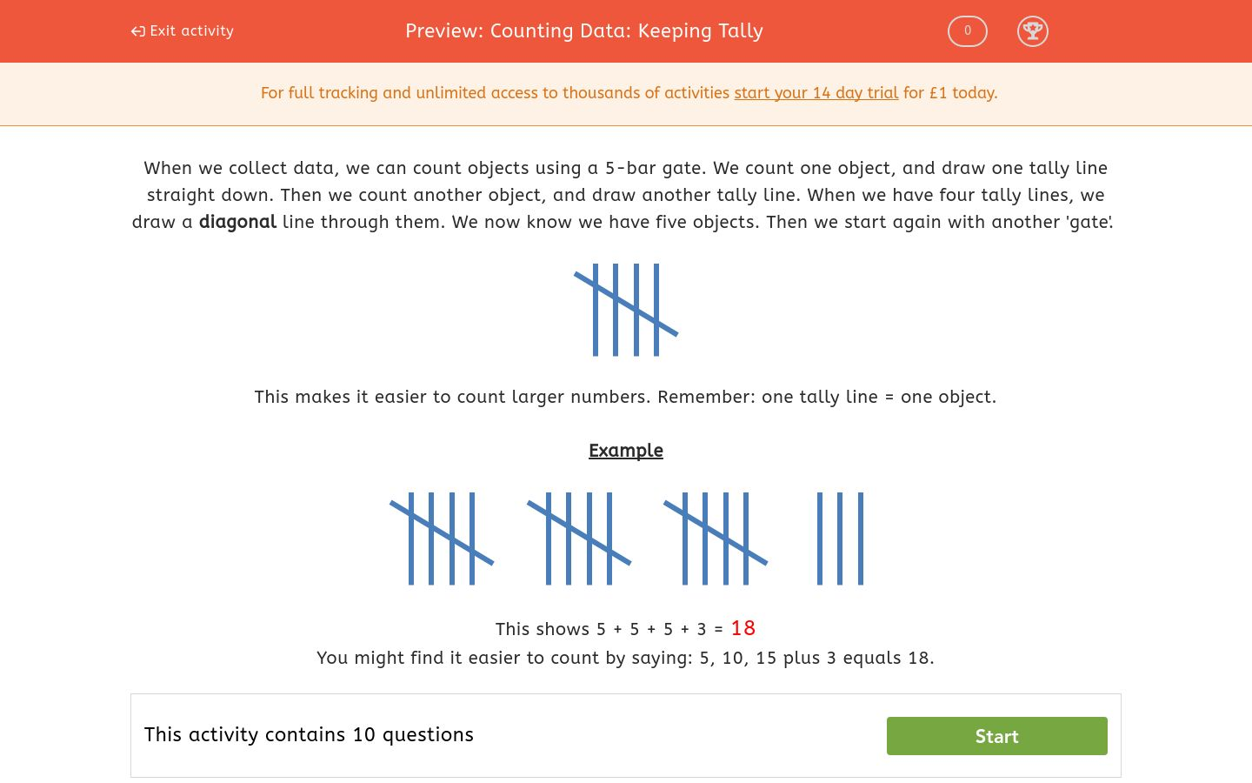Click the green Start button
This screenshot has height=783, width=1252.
[996, 736]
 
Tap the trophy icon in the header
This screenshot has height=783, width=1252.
[1032, 31]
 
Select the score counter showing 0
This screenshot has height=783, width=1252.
[967, 31]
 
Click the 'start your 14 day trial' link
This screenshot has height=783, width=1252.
[816, 93]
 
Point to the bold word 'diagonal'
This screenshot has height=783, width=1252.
[237, 222]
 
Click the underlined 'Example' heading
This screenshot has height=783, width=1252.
[626, 451]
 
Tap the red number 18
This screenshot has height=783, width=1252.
[743, 628]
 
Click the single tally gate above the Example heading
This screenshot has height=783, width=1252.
[626, 309]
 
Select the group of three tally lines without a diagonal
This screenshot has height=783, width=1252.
[840, 538]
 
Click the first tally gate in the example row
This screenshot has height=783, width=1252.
[442, 538]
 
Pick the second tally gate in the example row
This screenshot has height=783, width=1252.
[579, 538]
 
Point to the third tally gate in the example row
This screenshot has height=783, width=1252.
[716, 538]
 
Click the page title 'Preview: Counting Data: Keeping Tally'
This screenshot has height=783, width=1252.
[584, 31]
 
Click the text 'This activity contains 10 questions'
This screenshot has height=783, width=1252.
[309, 735]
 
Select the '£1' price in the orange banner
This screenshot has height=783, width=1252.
[938, 93]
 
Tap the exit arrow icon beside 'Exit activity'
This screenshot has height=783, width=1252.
[137, 31]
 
